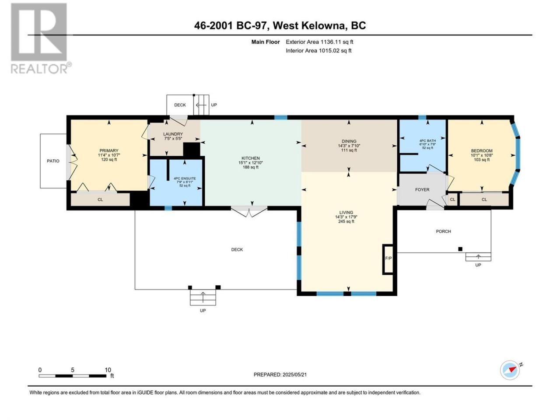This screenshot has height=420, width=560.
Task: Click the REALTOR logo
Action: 40,38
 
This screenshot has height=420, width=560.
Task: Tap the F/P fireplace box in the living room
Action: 388,259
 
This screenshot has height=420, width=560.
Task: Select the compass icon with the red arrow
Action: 510,370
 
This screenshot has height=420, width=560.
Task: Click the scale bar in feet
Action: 73,376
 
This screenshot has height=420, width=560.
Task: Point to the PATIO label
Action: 53,161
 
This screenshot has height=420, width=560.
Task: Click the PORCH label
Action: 444,231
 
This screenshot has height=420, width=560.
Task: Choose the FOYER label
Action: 422,189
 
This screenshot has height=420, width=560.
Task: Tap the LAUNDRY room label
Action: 173,134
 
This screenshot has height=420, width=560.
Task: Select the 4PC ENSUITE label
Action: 185,178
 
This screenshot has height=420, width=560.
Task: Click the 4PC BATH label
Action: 427,140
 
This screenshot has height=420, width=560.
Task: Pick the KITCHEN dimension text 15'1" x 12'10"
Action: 251,163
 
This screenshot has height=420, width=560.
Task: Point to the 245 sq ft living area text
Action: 346,221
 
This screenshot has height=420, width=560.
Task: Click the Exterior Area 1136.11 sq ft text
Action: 319,42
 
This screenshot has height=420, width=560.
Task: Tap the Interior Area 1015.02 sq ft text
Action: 318,50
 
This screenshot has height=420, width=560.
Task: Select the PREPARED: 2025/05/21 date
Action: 280,374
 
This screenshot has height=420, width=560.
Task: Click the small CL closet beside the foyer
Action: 453,199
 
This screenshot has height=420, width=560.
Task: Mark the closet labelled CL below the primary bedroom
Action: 100,199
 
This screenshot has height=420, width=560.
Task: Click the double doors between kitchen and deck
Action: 249,211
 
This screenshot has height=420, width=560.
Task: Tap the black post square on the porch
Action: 460,249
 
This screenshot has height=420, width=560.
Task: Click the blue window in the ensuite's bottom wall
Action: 168,208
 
